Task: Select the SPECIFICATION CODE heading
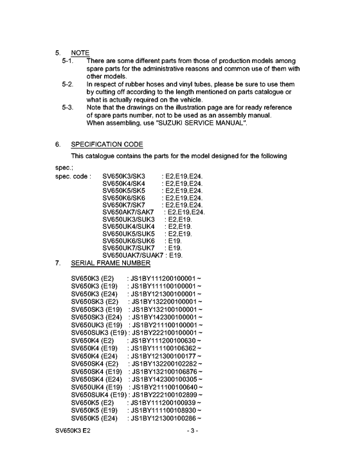coord(107,144)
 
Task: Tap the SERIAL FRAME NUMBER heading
coord(111,263)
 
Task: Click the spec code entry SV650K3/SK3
coord(124,176)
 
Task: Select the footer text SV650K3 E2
coord(73,448)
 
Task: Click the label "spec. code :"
coord(73,176)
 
